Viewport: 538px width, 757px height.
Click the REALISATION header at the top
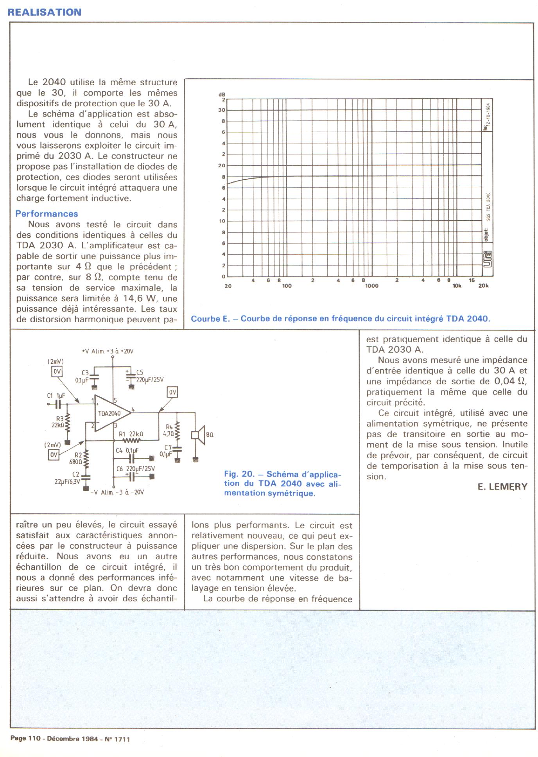click(x=45, y=12)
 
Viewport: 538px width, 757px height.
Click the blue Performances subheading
click(x=47, y=214)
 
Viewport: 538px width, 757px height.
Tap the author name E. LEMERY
click(x=502, y=487)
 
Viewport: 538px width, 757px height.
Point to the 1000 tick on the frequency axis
click(x=371, y=286)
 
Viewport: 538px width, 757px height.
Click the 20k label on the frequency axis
click(x=483, y=286)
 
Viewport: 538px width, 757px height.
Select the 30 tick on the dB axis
click(x=222, y=110)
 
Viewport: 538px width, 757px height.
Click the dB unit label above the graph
click(x=222, y=95)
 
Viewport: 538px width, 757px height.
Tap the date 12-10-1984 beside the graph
click(x=489, y=116)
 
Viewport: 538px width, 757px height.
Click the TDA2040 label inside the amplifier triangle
click(x=109, y=413)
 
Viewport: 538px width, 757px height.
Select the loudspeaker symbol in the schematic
click(x=199, y=435)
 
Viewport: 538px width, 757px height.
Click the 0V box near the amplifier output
click(x=172, y=392)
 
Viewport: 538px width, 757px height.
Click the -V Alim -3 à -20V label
click(x=117, y=492)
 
